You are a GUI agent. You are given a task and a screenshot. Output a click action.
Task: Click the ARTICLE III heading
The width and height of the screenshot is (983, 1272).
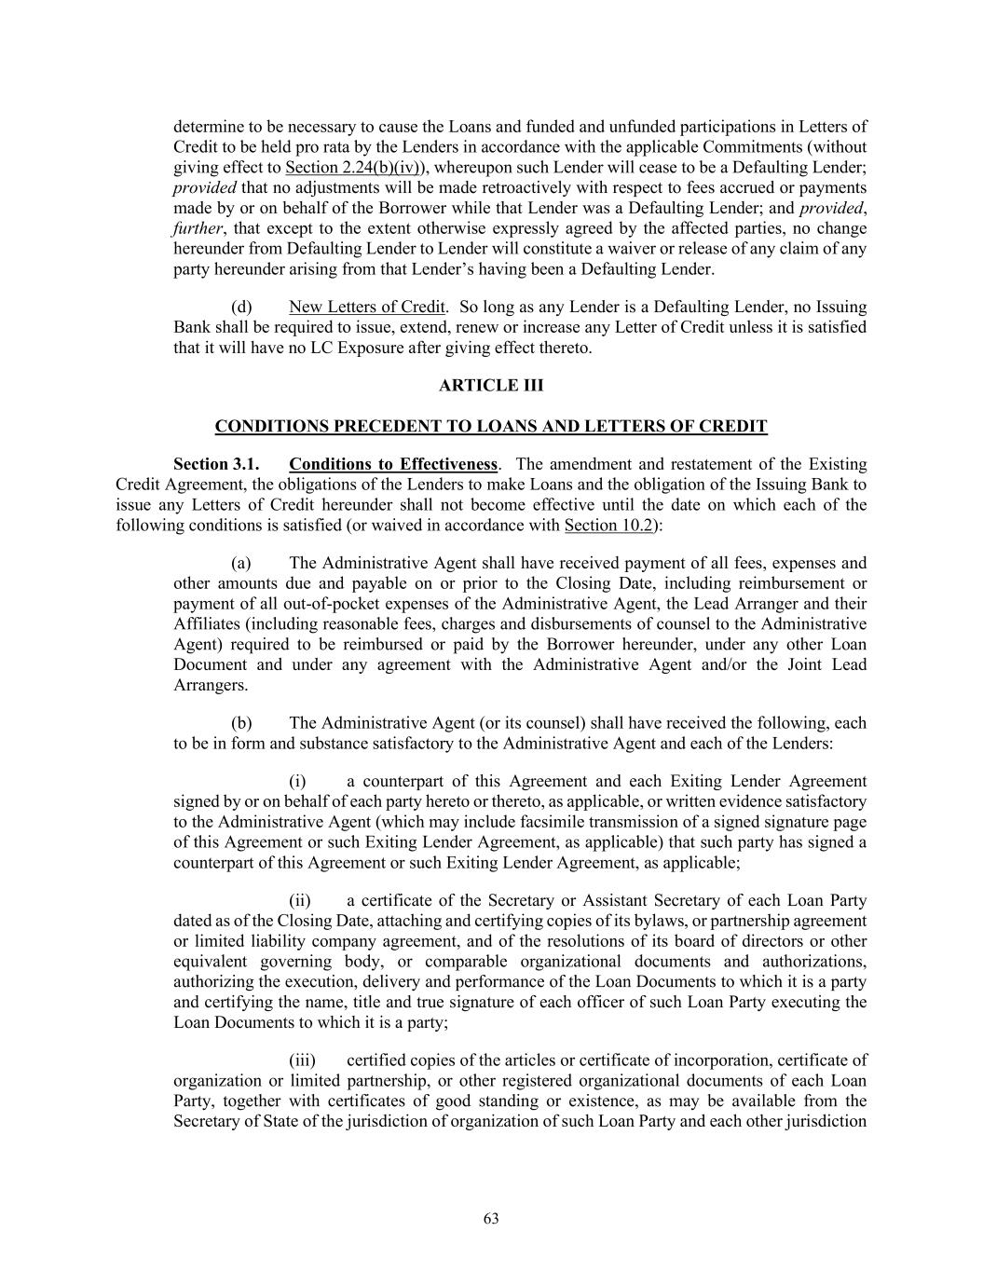[x=491, y=386]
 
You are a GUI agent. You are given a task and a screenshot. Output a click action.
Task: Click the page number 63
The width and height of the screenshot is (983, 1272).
[x=491, y=1219]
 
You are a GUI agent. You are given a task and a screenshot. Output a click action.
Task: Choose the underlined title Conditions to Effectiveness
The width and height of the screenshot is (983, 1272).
[x=393, y=464]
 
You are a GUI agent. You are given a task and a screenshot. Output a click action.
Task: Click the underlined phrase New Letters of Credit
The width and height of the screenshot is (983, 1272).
[x=367, y=308]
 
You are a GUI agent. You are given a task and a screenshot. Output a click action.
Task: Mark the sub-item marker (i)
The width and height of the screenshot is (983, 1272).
[x=297, y=782]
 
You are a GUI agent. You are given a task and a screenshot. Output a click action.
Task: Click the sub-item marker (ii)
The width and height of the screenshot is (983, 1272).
[x=299, y=901]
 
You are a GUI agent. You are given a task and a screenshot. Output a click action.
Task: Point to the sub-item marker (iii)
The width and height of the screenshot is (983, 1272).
[x=302, y=1060]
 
